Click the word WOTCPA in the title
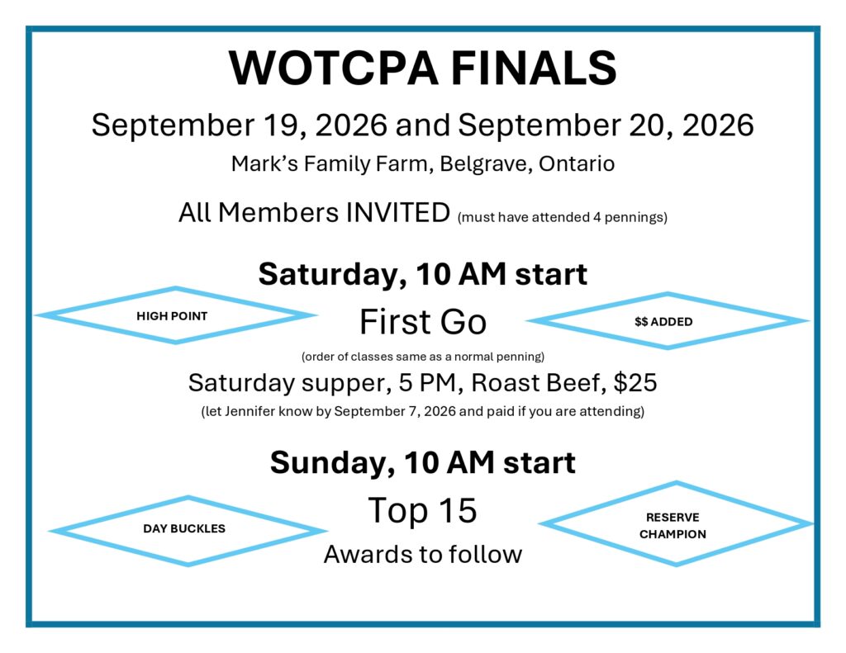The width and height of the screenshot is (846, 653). coord(333,69)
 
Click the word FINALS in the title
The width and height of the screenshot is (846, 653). coord(534,69)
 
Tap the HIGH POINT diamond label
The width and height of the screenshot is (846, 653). coord(172,316)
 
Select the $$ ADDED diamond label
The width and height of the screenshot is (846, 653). coord(663,322)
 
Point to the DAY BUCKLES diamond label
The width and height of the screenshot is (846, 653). coord(184,528)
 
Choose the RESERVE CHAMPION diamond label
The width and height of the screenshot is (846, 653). coord(673,526)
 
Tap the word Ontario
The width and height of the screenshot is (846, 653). coord(576,163)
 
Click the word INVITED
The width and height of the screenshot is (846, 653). coord(397,212)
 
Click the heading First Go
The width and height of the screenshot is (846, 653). coord(423,322)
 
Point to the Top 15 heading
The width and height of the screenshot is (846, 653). coord(422,510)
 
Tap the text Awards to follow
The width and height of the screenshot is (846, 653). coord(423,554)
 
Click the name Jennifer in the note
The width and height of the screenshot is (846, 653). coord(250,411)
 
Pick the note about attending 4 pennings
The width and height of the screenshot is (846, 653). coord(562,217)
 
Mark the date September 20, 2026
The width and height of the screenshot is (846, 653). coord(606,125)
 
